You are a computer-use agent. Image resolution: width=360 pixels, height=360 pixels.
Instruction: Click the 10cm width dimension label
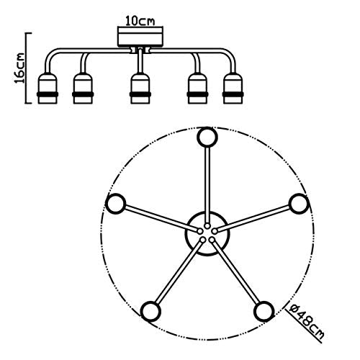click(140, 22)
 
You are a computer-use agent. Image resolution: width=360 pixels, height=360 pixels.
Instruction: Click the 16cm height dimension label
click(19, 68)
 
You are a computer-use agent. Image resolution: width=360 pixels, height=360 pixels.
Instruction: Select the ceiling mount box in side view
click(140, 37)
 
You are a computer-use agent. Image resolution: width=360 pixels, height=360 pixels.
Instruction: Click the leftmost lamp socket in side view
click(48, 89)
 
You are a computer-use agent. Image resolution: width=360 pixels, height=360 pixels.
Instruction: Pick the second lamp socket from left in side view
click(83, 89)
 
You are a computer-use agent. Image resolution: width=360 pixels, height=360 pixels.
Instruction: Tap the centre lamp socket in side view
click(140, 89)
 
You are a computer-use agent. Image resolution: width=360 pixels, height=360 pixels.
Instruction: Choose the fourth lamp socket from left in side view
click(197, 89)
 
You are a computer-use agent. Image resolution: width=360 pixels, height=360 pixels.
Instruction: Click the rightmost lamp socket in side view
click(233, 89)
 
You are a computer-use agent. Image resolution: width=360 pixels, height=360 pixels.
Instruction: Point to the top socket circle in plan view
click(207, 137)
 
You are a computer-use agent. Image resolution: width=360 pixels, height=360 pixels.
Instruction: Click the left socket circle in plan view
click(115, 204)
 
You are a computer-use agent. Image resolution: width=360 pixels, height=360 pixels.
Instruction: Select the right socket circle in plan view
click(299, 204)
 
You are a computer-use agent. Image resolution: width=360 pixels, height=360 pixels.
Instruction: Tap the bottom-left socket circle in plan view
click(150, 311)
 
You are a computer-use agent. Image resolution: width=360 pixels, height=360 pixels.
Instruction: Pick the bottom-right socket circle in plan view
click(264, 311)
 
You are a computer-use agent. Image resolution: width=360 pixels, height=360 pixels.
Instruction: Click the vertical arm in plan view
click(207, 186)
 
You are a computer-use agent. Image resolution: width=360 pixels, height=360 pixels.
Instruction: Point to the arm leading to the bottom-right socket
click(235, 271)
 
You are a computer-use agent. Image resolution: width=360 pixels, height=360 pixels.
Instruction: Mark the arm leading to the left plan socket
click(162, 218)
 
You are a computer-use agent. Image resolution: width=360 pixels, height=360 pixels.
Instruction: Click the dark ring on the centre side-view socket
click(140, 94)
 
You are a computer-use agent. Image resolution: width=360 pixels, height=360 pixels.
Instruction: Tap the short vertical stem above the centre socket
click(140, 60)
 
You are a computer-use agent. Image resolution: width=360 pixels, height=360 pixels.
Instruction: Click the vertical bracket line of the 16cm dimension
click(26, 68)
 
